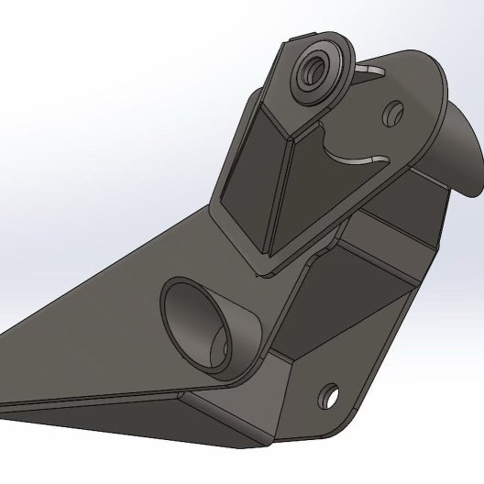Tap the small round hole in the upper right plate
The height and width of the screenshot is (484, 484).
pos(395,114)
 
